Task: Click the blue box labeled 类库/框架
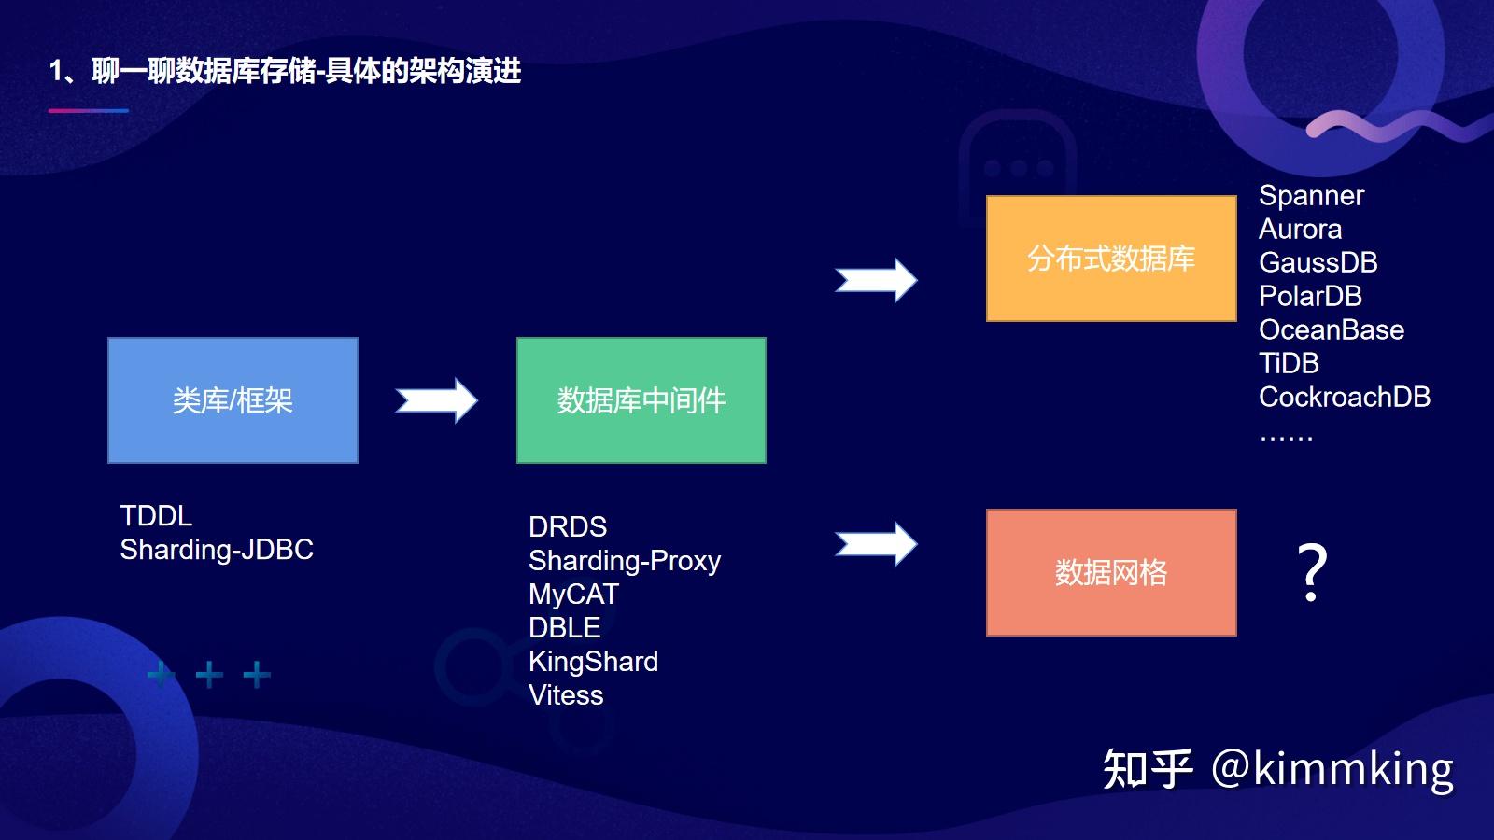pyautogui.click(x=233, y=400)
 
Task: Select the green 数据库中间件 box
pyautogui.click(x=641, y=400)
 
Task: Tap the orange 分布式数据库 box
pyautogui.click(x=1111, y=259)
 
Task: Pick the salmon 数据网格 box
pyautogui.click(x=1111, y=572)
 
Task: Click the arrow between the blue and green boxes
pyautogui.click(x=436, y=400)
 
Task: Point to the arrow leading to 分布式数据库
pyautogui.click(x=876, y=280)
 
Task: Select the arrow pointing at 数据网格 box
pyautogui.click(x=876, y=544)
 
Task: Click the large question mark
pyautogui.click(x=1312, y=572)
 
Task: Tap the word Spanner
pyautogui.click(x=1311, y=196)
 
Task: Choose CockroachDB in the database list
pyautogui.click(x=1344, y=398)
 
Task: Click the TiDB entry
pyautogui.click(x=1289, y=363)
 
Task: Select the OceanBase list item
pyautogui.click(x=1331, y=329)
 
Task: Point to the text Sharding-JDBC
pyautogui.click(x=217, y=550)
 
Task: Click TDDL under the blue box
pyautogui.click(x=156, y=516)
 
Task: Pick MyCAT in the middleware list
pyautogui.click(x=573, y=595)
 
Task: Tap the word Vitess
pyautogui.click(x=566, y=695)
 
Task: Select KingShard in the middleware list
pyautogui.click(x=593, y=662)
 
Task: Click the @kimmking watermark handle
pyautogui.click(x=1332, y=769)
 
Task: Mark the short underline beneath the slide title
pyautogui.click(x=89, y=110)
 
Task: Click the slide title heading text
pyautogui.click(x=285, y=71)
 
